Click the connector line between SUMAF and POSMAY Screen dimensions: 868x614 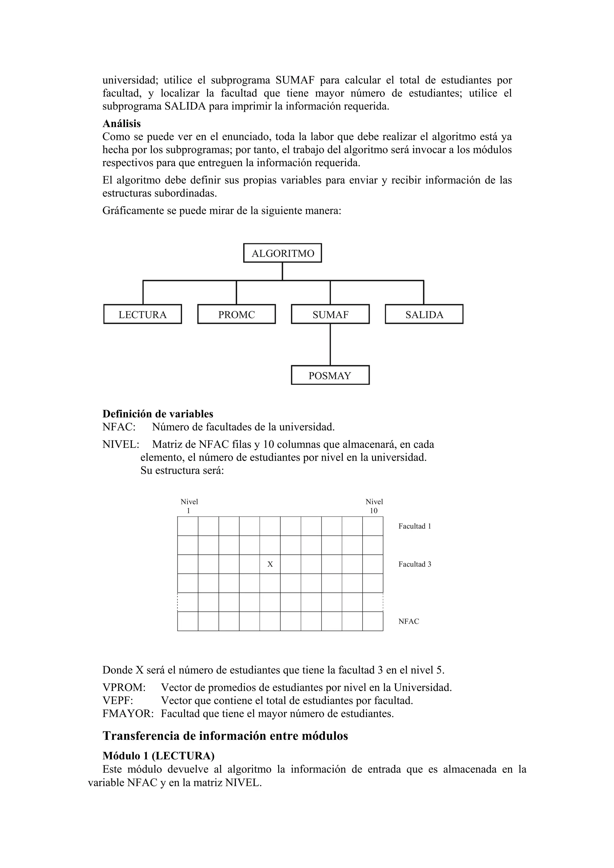click(x=330, y=344)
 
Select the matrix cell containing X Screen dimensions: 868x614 click(x=270, y=564)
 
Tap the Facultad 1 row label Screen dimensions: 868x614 click(x=415, y=526)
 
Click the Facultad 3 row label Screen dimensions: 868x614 click(x=415, y=564)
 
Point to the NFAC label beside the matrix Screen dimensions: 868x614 click(x=409, y=621)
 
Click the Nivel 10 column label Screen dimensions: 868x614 click(x=374, y=506)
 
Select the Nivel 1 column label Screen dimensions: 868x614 click(x=189, y=506)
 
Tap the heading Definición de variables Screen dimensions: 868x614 click(x=158, y=414)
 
